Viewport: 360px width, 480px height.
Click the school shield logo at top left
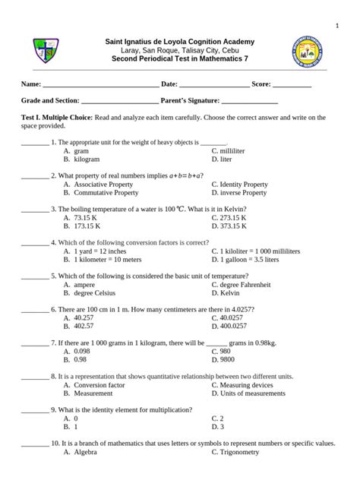coord(43,50)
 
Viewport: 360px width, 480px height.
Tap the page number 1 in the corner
coord(337,27)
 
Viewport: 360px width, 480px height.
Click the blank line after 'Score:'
coord(292,84)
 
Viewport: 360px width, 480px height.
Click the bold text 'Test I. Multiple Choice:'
coord(56,118)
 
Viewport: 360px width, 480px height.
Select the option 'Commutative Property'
coord(103,193)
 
